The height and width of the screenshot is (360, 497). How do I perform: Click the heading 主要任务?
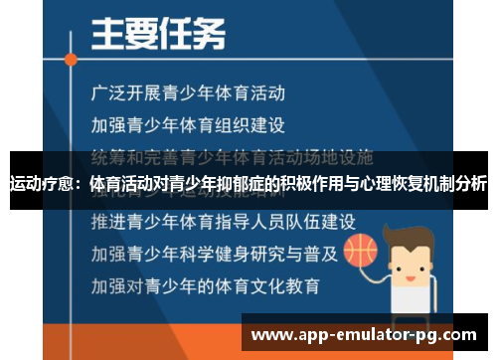[158, 37]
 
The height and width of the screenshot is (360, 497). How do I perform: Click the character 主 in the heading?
[108, 37]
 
